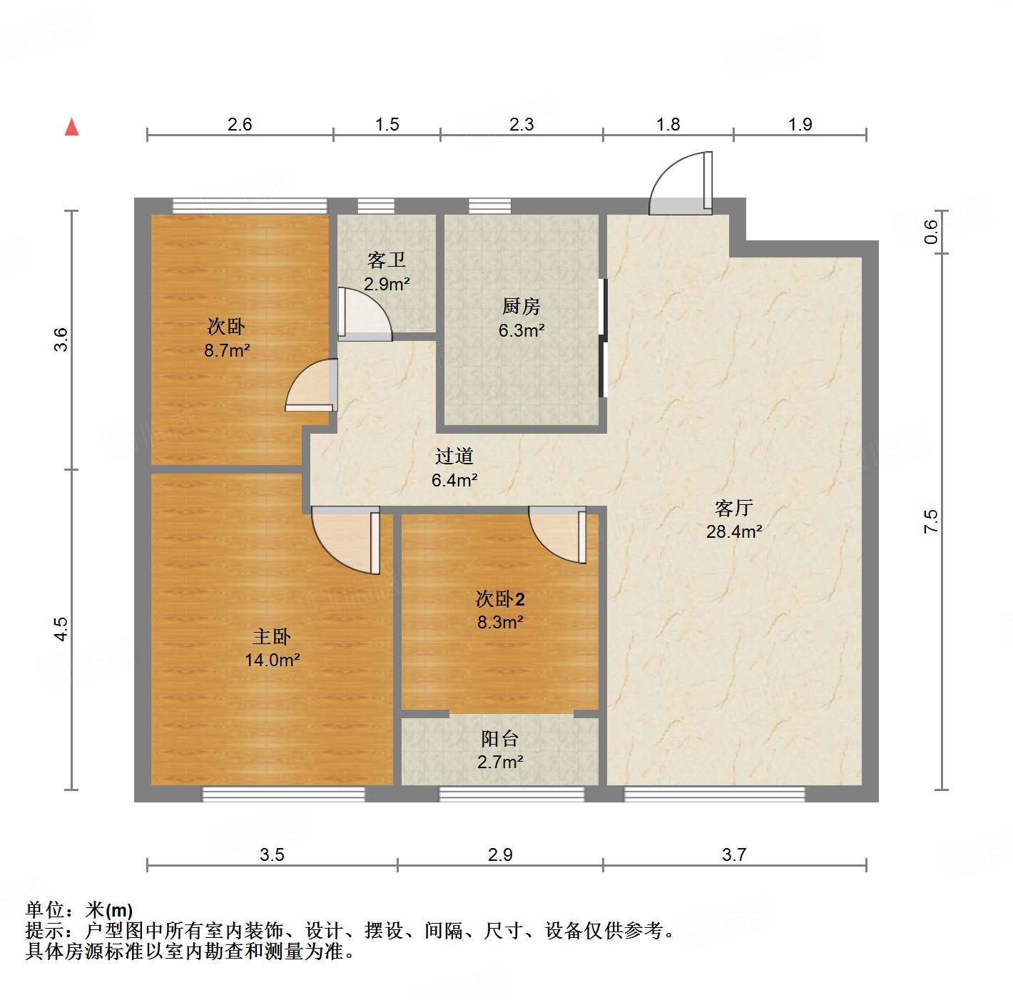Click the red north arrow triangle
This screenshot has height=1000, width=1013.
[x=71, y=127]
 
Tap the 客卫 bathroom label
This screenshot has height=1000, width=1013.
[x=386, y=260]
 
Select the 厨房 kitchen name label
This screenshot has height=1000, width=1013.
[x=521, y=307]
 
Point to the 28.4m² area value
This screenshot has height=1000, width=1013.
[x=734, y=532]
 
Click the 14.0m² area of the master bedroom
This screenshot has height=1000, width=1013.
[x=272, y=660]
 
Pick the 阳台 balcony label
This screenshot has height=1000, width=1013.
[x=499, y=739]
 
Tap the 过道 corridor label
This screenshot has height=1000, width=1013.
[x=454, y=456]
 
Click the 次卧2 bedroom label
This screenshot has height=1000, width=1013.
[x=500, y=599]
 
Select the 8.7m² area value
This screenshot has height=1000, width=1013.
[x=227, y=351]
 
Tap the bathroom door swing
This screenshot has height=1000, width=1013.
[x=363, y=315]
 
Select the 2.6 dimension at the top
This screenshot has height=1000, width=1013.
[x=240, y=125]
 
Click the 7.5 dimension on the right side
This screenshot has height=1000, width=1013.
[x=931, y=522]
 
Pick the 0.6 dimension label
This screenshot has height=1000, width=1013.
[x=931, y=232]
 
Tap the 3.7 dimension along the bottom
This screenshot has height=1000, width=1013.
[x=734, y=854]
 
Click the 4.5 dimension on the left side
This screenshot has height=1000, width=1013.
[x=61, y=629]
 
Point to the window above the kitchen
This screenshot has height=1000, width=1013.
[x=489, y=206]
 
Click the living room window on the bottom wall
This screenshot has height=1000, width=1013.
[x=714, y=794]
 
